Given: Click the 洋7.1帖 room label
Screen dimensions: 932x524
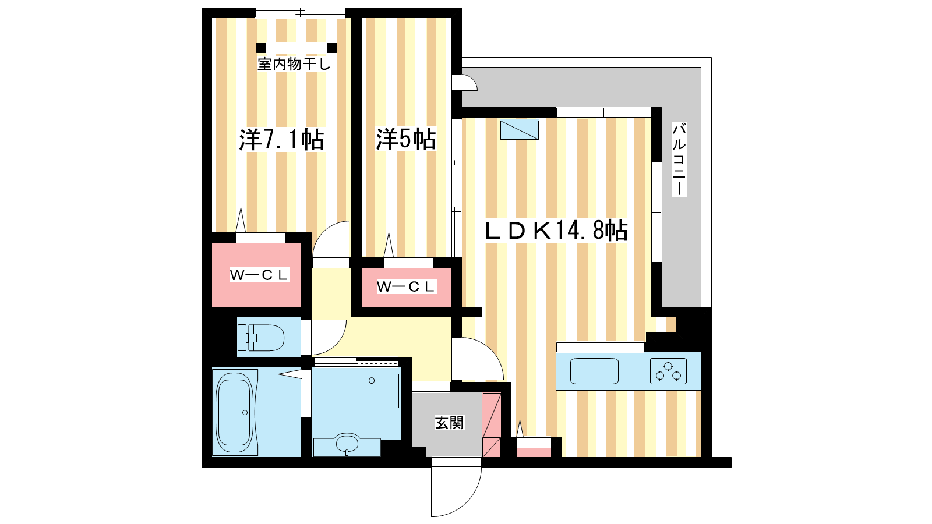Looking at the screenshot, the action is click(x=282, y=140).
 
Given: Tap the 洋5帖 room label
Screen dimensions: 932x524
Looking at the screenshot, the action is click(x=406, y=139).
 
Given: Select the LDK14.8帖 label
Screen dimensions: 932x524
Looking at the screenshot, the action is click(x=556, y=231).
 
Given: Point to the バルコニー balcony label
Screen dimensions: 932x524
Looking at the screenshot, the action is click(x=679, y=160).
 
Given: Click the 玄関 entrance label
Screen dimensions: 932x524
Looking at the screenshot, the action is click(x=449, y=423).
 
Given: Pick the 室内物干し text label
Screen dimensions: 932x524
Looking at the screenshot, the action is click(x=294, y=65).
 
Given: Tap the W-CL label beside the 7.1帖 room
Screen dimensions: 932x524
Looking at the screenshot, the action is click(x=259, y=275).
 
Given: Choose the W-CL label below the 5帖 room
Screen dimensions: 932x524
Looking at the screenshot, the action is click(x=406, y=286).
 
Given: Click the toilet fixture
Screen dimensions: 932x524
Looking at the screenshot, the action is click(x=261, y=337).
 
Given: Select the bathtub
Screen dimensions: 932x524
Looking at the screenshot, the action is click(x=235, y=412).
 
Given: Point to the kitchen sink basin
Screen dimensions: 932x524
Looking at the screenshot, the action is click(x=594, y=371).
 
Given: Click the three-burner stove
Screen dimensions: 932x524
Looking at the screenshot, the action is click(x=668, y=371).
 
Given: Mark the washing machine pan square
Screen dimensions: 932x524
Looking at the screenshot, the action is click(x=382, y=391).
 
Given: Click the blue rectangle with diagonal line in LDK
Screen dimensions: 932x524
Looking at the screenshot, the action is click(x=519, y=130).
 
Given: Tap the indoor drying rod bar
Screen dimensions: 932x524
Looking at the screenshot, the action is click(x=296, y=48).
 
